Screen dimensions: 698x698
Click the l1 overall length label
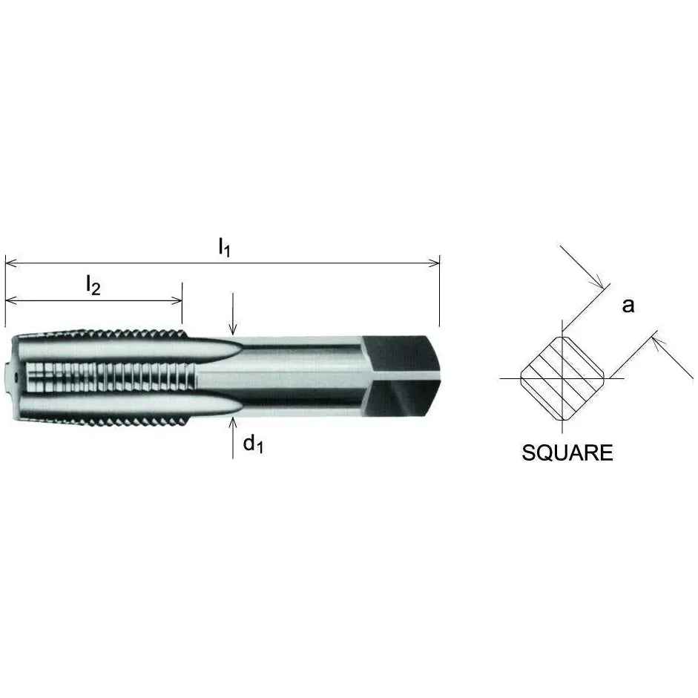point(224,247)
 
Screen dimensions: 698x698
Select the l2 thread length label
point(93,285)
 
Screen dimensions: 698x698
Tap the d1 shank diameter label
point(253,444)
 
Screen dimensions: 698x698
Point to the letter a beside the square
point(628,305)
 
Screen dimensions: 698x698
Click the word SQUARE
point(567,453)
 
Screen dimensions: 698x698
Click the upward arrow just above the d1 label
point(233,423)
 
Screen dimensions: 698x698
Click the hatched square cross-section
point(562,378)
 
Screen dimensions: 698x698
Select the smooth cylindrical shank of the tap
point(297,377)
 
